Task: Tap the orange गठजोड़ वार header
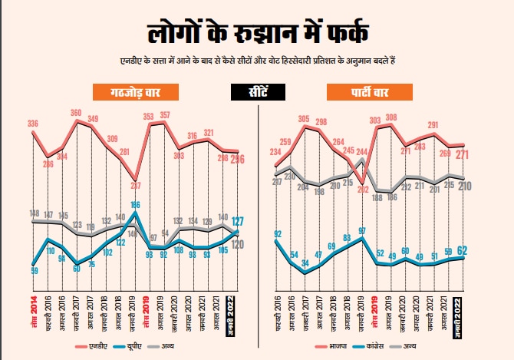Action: coord(137,94)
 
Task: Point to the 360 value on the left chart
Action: coord(76,113)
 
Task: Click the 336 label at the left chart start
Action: coord(33,124)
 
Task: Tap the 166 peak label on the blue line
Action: coord(135,205)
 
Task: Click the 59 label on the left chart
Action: coord(35,270)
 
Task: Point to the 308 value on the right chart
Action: coord(391,118)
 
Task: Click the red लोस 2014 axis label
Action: coord(33,311)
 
